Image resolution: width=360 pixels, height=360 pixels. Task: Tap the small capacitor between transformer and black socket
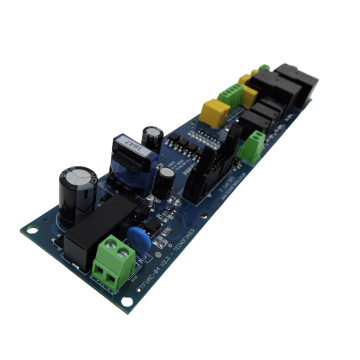(162, 183)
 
